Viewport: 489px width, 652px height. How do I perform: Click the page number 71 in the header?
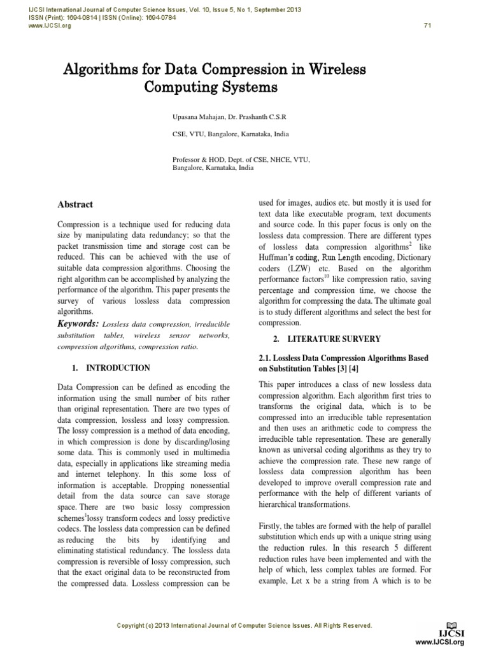(x=427, y=25)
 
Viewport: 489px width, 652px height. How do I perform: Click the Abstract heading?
(x=75, y=204)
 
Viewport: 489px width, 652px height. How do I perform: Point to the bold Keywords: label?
(x=78, y=324)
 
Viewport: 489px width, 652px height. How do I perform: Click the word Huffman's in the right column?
(x=279, y=257)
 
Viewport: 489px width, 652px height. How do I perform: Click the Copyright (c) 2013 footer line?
(x=244, y=625)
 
